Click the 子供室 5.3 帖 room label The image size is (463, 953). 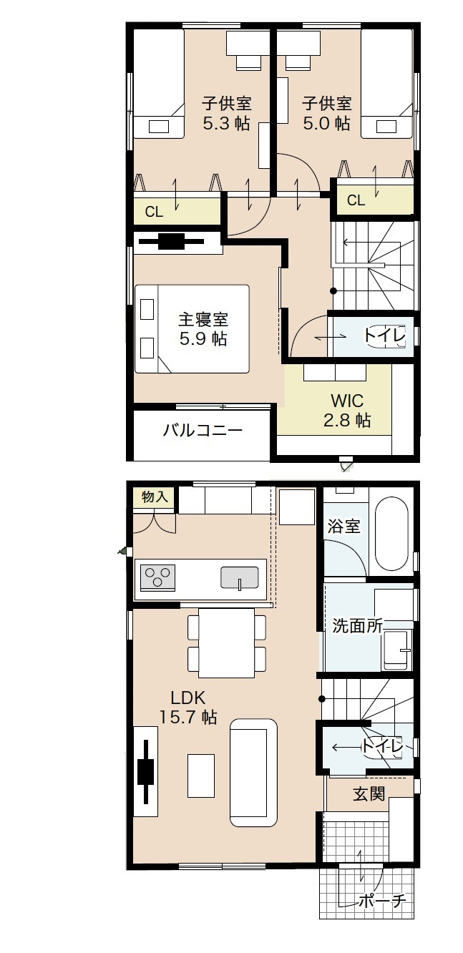[x=226, y=113]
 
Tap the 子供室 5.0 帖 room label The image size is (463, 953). [x=326, y=113]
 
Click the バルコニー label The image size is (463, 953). [x=203, y=431]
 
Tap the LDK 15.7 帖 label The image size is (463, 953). [x=188, y=707]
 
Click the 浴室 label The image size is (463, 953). [x=343, y=526]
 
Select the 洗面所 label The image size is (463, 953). [x=357, y=625]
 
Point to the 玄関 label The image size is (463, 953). [x=369, y=793]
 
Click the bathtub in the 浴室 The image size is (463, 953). [x=391, y=533]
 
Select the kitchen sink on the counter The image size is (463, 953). [x=240, y=577]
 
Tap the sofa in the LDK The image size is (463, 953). [x=253, y=773]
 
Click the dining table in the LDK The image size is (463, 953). [x=227, y=642]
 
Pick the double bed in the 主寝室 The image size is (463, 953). [x=192, y=328]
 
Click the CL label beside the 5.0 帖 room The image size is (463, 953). [x=356, y=201]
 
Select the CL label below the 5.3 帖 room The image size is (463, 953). [x=154, y=212]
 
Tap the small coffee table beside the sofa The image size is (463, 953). [x=201, y=776]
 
